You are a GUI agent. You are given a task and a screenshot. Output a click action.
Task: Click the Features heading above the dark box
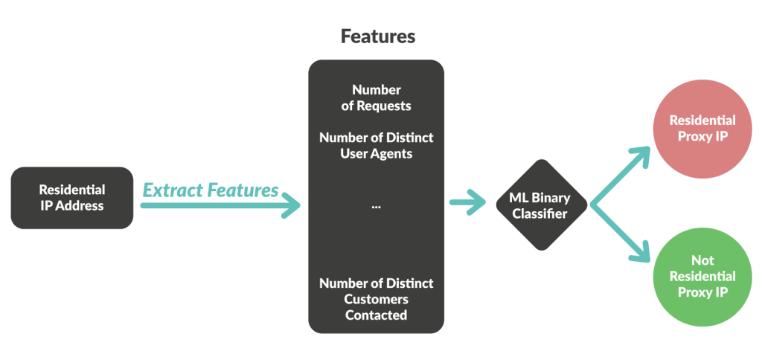(377, 36)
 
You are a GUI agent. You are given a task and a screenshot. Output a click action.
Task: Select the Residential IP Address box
(72, 197)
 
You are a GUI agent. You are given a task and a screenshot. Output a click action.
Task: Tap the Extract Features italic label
(211, 190)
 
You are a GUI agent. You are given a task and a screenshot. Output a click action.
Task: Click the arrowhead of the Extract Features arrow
(292, 206)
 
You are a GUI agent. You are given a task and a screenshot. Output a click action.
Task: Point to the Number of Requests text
(376, 97)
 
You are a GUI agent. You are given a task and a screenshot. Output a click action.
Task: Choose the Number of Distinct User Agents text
(376, 146)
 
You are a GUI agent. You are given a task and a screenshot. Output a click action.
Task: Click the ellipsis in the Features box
(376, 205)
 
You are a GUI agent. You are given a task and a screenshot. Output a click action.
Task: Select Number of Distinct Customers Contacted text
(376, 299)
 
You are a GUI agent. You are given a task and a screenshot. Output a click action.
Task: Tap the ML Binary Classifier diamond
(542, 205)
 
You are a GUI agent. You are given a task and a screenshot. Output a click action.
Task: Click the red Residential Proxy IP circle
(702, 128)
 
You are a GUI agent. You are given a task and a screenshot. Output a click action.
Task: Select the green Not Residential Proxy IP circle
(702, 276)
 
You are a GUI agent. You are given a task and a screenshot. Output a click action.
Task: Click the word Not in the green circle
(702, 260)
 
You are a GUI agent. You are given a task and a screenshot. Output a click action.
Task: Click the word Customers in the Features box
(376, 299)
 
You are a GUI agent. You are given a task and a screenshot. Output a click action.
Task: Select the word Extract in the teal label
(168, 190)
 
